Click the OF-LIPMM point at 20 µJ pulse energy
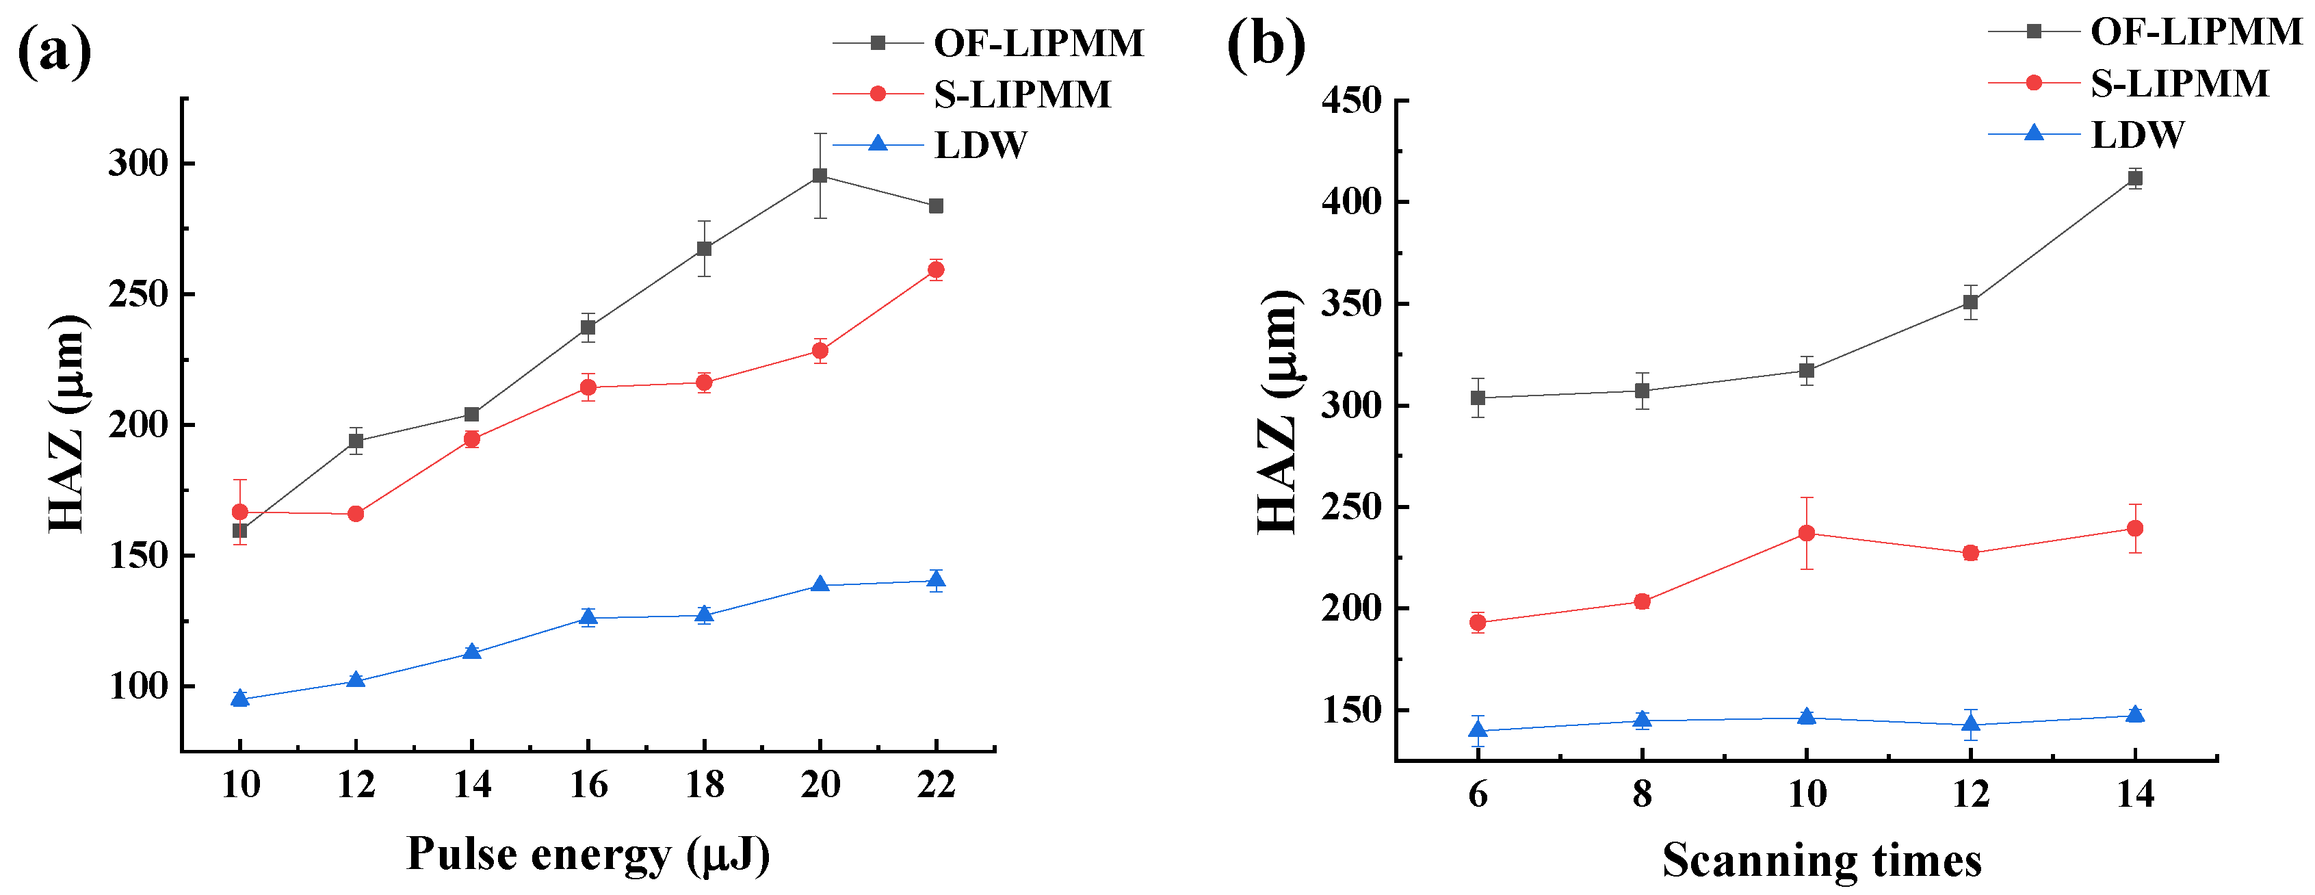tap(820, 175)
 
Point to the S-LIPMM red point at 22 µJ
tap(936, 270)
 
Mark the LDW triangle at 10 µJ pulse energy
tap(240, 698)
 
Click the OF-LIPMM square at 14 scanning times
tap(2135, 178)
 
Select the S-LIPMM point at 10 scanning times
tap(1806, 533)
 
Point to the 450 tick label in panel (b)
tap(1350, 101)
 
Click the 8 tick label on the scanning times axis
tap(1642, 794)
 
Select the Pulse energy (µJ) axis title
tap(588, 854)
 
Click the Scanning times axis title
tap(1822, 860)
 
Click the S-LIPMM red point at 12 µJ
tap(356, 514)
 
